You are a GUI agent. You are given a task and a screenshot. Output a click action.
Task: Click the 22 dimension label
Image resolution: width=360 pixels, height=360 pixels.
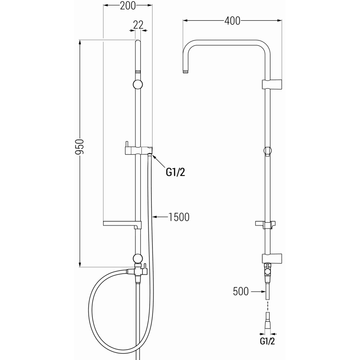click(x=139, y=25)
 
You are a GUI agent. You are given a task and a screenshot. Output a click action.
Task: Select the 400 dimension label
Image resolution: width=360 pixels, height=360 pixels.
click(x=232, y=21)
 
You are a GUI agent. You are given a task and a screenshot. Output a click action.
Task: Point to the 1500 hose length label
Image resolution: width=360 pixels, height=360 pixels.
click(x=178, y=217)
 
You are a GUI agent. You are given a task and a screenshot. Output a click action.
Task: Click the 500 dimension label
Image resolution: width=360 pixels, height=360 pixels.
click(x=241, y=292)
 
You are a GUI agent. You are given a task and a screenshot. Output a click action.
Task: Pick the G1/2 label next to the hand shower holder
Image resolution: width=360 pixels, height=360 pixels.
click(x=176, y=172)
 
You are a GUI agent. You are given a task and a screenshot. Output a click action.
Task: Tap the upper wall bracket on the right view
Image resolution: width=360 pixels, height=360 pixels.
click(x=272, y=84)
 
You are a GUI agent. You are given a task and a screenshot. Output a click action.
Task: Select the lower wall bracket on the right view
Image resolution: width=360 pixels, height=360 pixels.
click(x=272, y=259)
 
